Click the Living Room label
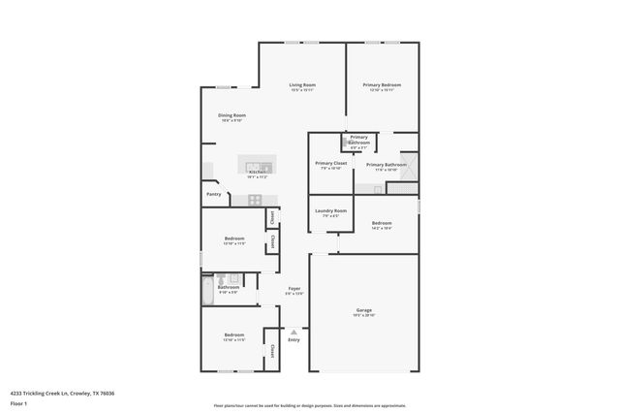point(302,85)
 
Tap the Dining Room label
point(232,115)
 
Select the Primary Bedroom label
point(382,85)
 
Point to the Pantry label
point(213,194)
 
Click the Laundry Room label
point(330,210)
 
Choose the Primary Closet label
point(330,163)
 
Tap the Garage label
point(363,310)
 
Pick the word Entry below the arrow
point(294,339)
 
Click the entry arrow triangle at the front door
point(294,331)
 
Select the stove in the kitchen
point(255,200)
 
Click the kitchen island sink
point(257,161)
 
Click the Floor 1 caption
point(18,402)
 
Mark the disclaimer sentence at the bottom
point(309,406)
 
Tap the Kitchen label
point(257,173)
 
